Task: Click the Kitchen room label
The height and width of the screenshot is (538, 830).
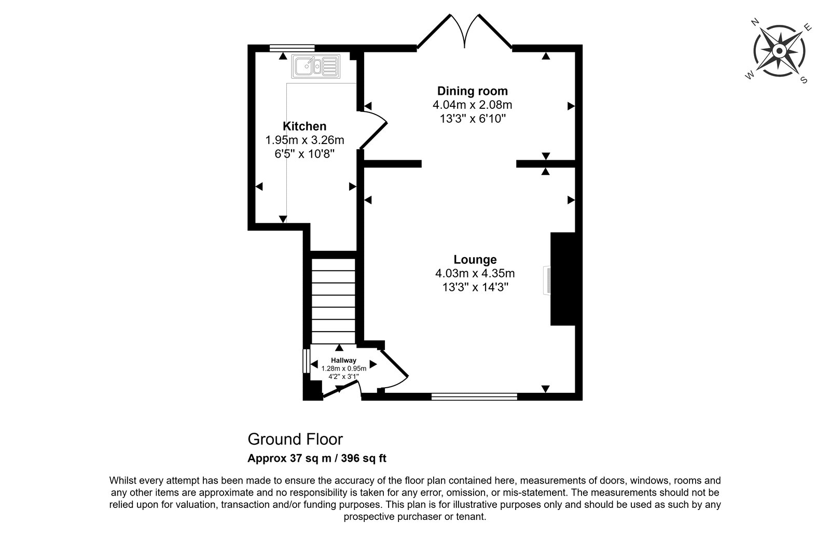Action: click(305, 126)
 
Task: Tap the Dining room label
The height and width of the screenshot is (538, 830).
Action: click(473, 91)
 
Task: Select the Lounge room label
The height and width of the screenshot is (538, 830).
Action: click(475, 260)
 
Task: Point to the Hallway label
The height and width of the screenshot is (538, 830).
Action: click(343, 360)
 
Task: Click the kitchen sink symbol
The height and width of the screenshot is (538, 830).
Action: click(316, 66)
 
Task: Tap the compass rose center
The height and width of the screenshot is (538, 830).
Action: click(779, 51)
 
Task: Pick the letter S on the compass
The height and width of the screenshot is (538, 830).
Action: click(804, 80)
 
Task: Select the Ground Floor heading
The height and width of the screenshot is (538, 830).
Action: click(295, 440)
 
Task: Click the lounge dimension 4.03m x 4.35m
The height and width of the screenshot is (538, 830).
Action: click(475, 274)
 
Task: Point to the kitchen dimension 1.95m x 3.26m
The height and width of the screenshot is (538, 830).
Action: click(305, 140)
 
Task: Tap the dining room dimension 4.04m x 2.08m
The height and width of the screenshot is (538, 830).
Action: click(473, 105)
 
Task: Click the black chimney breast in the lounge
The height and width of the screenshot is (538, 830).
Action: click(563, 279)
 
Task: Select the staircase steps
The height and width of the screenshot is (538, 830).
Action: click(334, 301)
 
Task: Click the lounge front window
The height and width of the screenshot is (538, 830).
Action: click(474, 397)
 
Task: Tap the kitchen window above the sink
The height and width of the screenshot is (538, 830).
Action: click(292, 48)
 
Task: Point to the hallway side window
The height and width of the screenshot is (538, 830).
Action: click(307, 361)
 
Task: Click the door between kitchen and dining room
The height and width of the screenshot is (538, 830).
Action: click(373, 130)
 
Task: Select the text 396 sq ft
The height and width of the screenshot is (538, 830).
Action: click(364, 458)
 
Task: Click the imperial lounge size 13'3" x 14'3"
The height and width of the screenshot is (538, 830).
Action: click(475, 287)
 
